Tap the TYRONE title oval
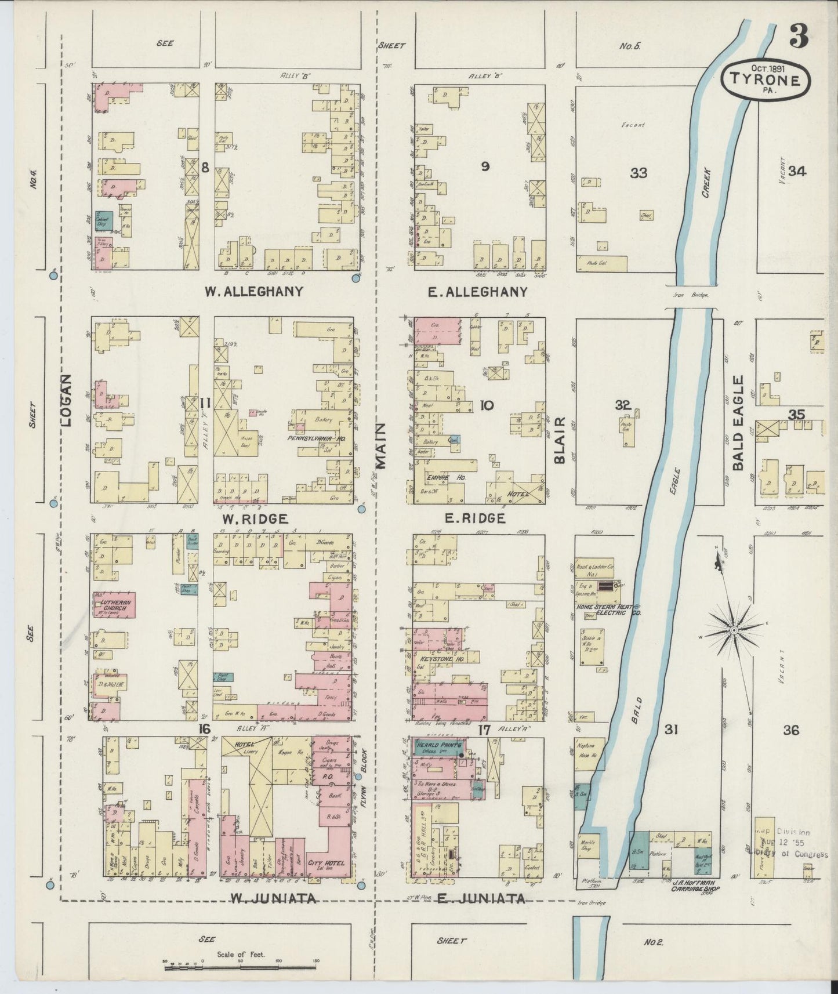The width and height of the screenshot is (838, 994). tap(765, 82)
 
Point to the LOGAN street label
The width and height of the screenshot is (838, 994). tap(66, 400)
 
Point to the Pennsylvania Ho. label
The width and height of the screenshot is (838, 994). tap(316, 439)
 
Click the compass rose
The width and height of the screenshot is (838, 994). tap(734, 629)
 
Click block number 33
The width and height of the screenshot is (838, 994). tap(639, 173)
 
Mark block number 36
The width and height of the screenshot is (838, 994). tap(791, 730)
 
